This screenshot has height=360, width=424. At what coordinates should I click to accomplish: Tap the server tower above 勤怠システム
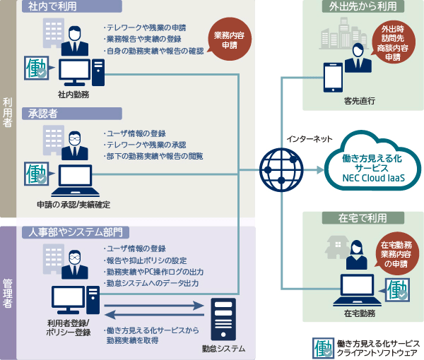[x=223, y=318]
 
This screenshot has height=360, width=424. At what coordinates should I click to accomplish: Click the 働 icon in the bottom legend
[x=323, y=347]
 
